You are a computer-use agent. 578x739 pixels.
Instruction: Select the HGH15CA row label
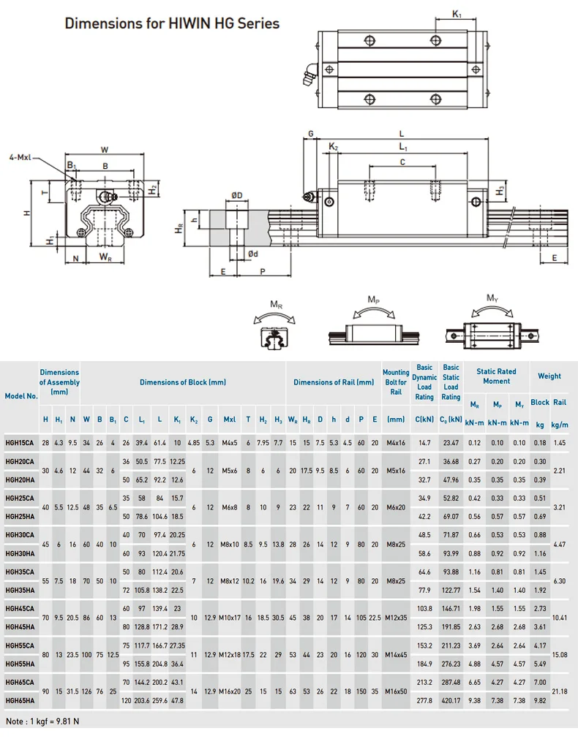pyautogui.click(x=20, y=442)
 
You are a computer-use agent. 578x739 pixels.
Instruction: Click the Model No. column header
pyautogui.click(x=20, y=395)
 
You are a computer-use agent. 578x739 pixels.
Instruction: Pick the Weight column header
pyautogui.click(x=549, y=376)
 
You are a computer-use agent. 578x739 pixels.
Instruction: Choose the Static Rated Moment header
pyautogui.click(x=496, y=376)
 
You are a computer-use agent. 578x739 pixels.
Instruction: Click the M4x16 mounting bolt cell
pyautogui.click(x=396, y=442)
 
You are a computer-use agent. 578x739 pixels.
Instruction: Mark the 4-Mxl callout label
pyautogui.click(x=20, y=157)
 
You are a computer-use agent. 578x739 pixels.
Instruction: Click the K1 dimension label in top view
pyautogui.click(x=456, y=14)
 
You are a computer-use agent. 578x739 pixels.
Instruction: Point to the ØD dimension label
pyautogui.click(x=237, y=195)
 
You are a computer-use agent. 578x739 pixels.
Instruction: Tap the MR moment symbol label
pyautogui.click(x=277, y=303)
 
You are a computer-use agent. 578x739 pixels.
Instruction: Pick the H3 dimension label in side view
pyautogui.click(x=500, y=191)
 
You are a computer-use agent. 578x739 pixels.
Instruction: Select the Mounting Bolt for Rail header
pyautogui.click(x=396, y=382)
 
